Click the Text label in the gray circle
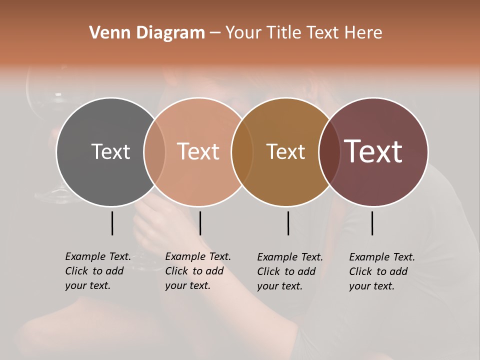tap(110, 151)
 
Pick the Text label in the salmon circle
tap(198, 151)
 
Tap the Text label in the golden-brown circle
tap(286, 151)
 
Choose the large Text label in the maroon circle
tap(373, 151)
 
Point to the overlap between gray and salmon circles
tap(154, 151)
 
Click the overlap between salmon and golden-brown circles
tap(242, 151)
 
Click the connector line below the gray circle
tap(112, 223)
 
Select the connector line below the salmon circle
tap(200, 223)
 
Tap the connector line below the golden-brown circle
tap(288, 223)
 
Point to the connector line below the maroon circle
tap(372, 223)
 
